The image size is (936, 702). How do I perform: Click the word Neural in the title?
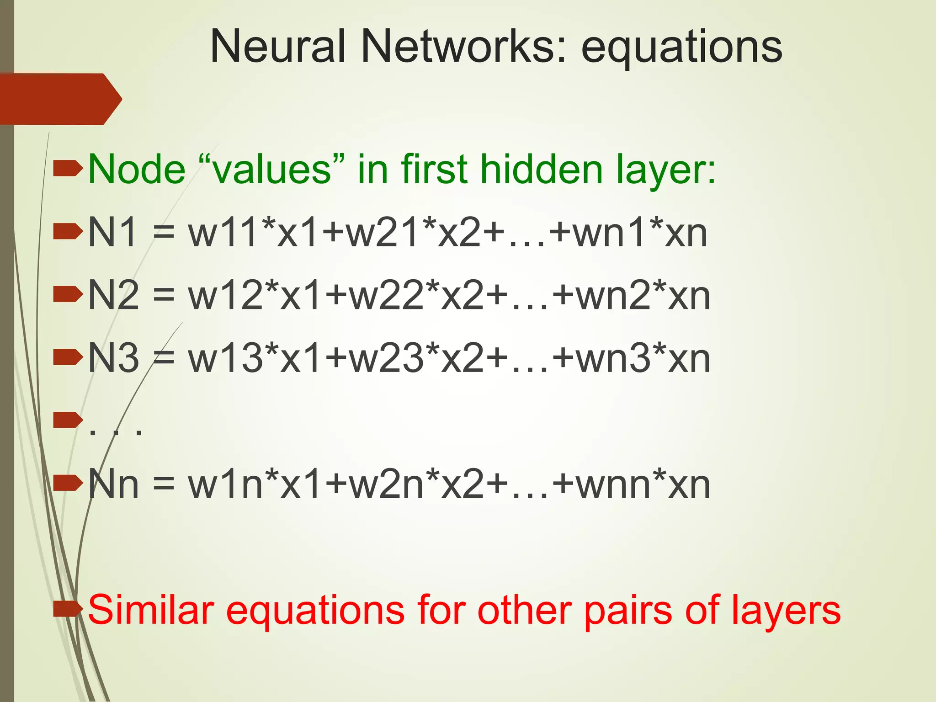pos(278,47)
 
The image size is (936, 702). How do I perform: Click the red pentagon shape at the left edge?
pos(59,99)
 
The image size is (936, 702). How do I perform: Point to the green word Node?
pos(137,170)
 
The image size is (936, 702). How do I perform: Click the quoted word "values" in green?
pos(271,170)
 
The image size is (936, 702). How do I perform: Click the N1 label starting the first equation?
pos(112,233)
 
